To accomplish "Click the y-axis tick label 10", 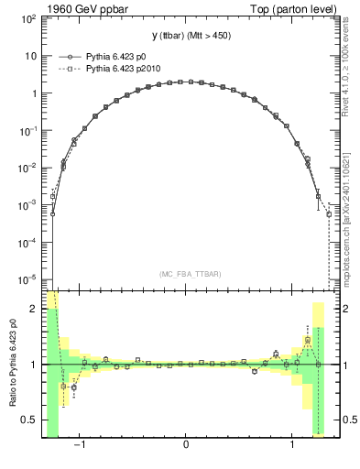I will tap(31, 56).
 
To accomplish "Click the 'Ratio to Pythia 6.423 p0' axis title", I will tap(11, 365).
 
